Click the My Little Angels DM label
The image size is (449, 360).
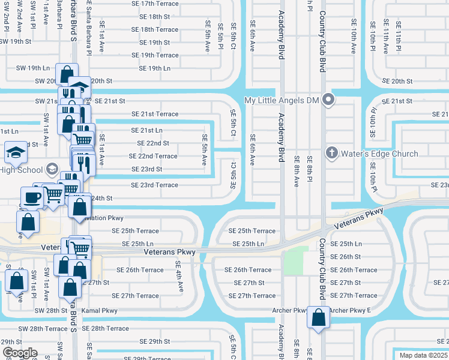(281, 100)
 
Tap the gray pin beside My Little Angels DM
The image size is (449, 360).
(328, 100)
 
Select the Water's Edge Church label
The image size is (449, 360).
(379, 154)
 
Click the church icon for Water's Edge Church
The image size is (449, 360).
(331, 153)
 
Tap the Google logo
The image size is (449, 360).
(20, 353)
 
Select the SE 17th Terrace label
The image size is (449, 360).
(155, 4)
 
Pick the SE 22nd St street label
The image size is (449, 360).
(153, 143)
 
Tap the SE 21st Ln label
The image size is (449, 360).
(146, 130)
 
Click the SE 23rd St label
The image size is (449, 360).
(146, 169)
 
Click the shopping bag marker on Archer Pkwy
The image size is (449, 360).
(318, 317)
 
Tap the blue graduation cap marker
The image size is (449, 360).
(16, 152)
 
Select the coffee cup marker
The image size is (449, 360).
(31, 197)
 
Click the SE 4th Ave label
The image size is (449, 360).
(178, 277)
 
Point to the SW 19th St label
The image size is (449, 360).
(16, 42)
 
